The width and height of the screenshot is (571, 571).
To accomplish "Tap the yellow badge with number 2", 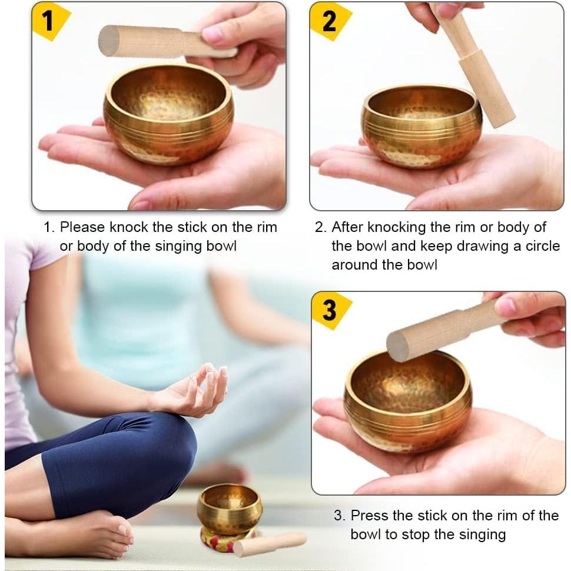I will [x=328, y=21].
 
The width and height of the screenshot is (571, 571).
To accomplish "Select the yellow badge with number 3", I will [x=330, y=310].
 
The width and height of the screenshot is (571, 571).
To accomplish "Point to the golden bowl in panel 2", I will [x=421, y=127].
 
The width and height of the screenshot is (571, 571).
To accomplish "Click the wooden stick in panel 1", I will [x=147, y=42].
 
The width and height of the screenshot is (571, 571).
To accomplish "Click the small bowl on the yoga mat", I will [x=230, y=509].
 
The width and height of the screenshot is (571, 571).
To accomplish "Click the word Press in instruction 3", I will [x=369, y=516].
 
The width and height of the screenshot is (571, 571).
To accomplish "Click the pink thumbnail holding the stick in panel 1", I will [x=212, y=34].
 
